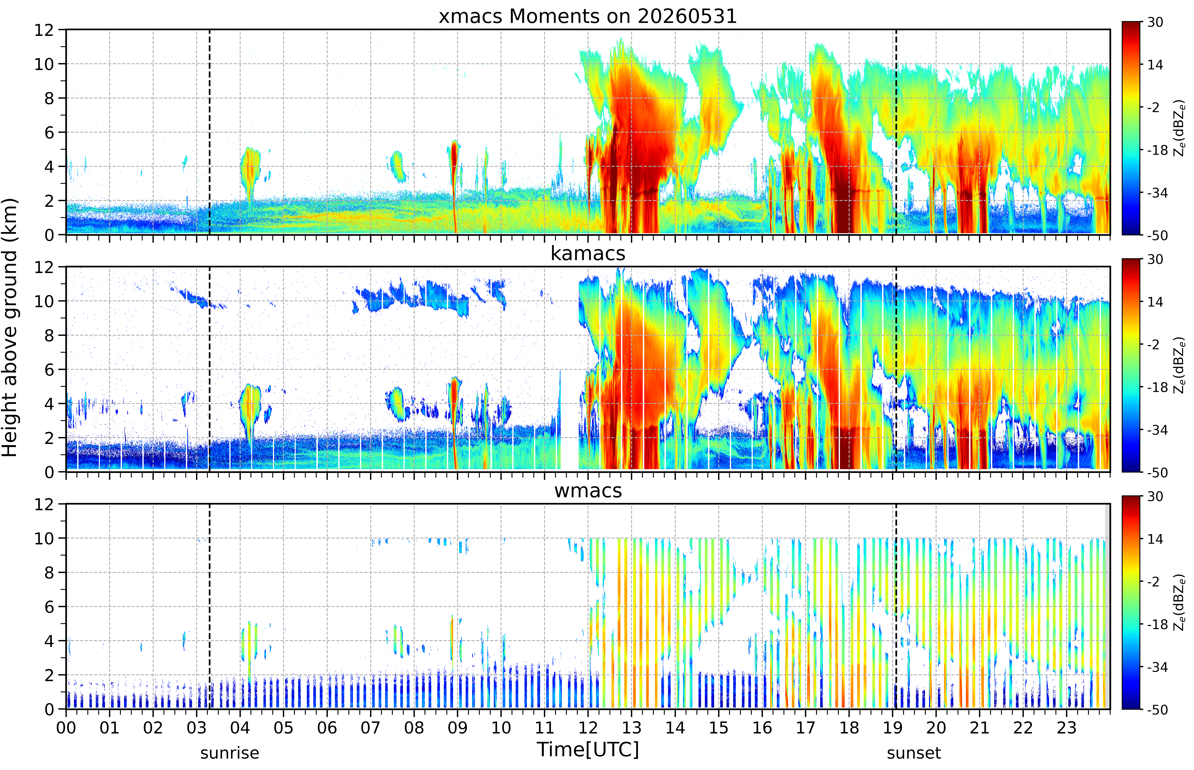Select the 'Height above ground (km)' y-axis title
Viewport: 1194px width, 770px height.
pyautogui.click(x=10, y=327)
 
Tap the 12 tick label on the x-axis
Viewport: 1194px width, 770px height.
pyautogui.click(x=588, y=727)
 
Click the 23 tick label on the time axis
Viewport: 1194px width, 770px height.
pyautogui.click(x=1066, y=727)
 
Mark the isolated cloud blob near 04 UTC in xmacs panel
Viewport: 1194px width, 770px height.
pyautogui.click(x=250, y=170)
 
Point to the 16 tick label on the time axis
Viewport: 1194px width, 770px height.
pyautogui.click(x=762, y=727)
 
